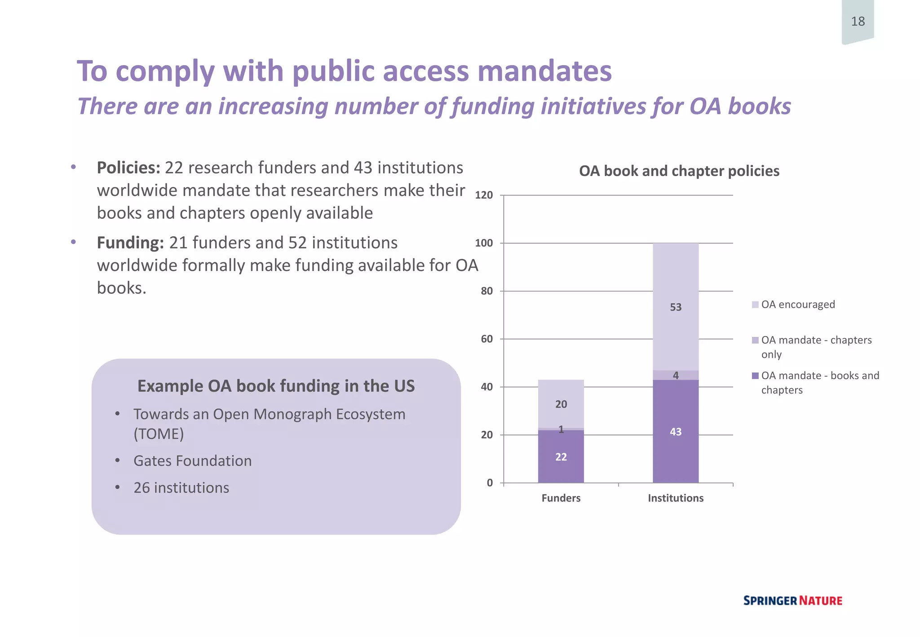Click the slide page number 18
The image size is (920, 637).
(858, 21)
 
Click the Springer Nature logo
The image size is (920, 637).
(792, 601)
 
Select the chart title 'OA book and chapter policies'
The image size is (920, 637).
(679, 171)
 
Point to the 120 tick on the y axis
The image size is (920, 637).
(484, 195)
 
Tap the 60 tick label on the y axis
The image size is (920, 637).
(487, 339)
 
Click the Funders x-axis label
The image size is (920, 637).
(561, 498)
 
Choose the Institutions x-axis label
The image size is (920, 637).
(675, 498)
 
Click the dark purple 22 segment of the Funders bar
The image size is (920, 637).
(561, 457)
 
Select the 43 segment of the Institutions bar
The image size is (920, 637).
(675, 432)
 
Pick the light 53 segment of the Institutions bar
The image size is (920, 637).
(675, 307)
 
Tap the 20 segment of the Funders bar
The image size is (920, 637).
(561, 404)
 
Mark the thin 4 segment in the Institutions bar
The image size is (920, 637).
(675, 375)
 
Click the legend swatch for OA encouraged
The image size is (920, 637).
(755, 305)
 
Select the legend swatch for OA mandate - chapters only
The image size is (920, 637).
(755, 340)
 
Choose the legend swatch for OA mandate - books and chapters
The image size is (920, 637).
(755, 376)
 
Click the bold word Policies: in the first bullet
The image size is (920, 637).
(128, 168)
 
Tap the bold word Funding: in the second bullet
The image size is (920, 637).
(130, 243)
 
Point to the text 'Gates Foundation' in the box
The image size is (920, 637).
(192, 461)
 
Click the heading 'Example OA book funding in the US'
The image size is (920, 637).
(276, 386)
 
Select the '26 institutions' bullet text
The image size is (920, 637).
(181, 488)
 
